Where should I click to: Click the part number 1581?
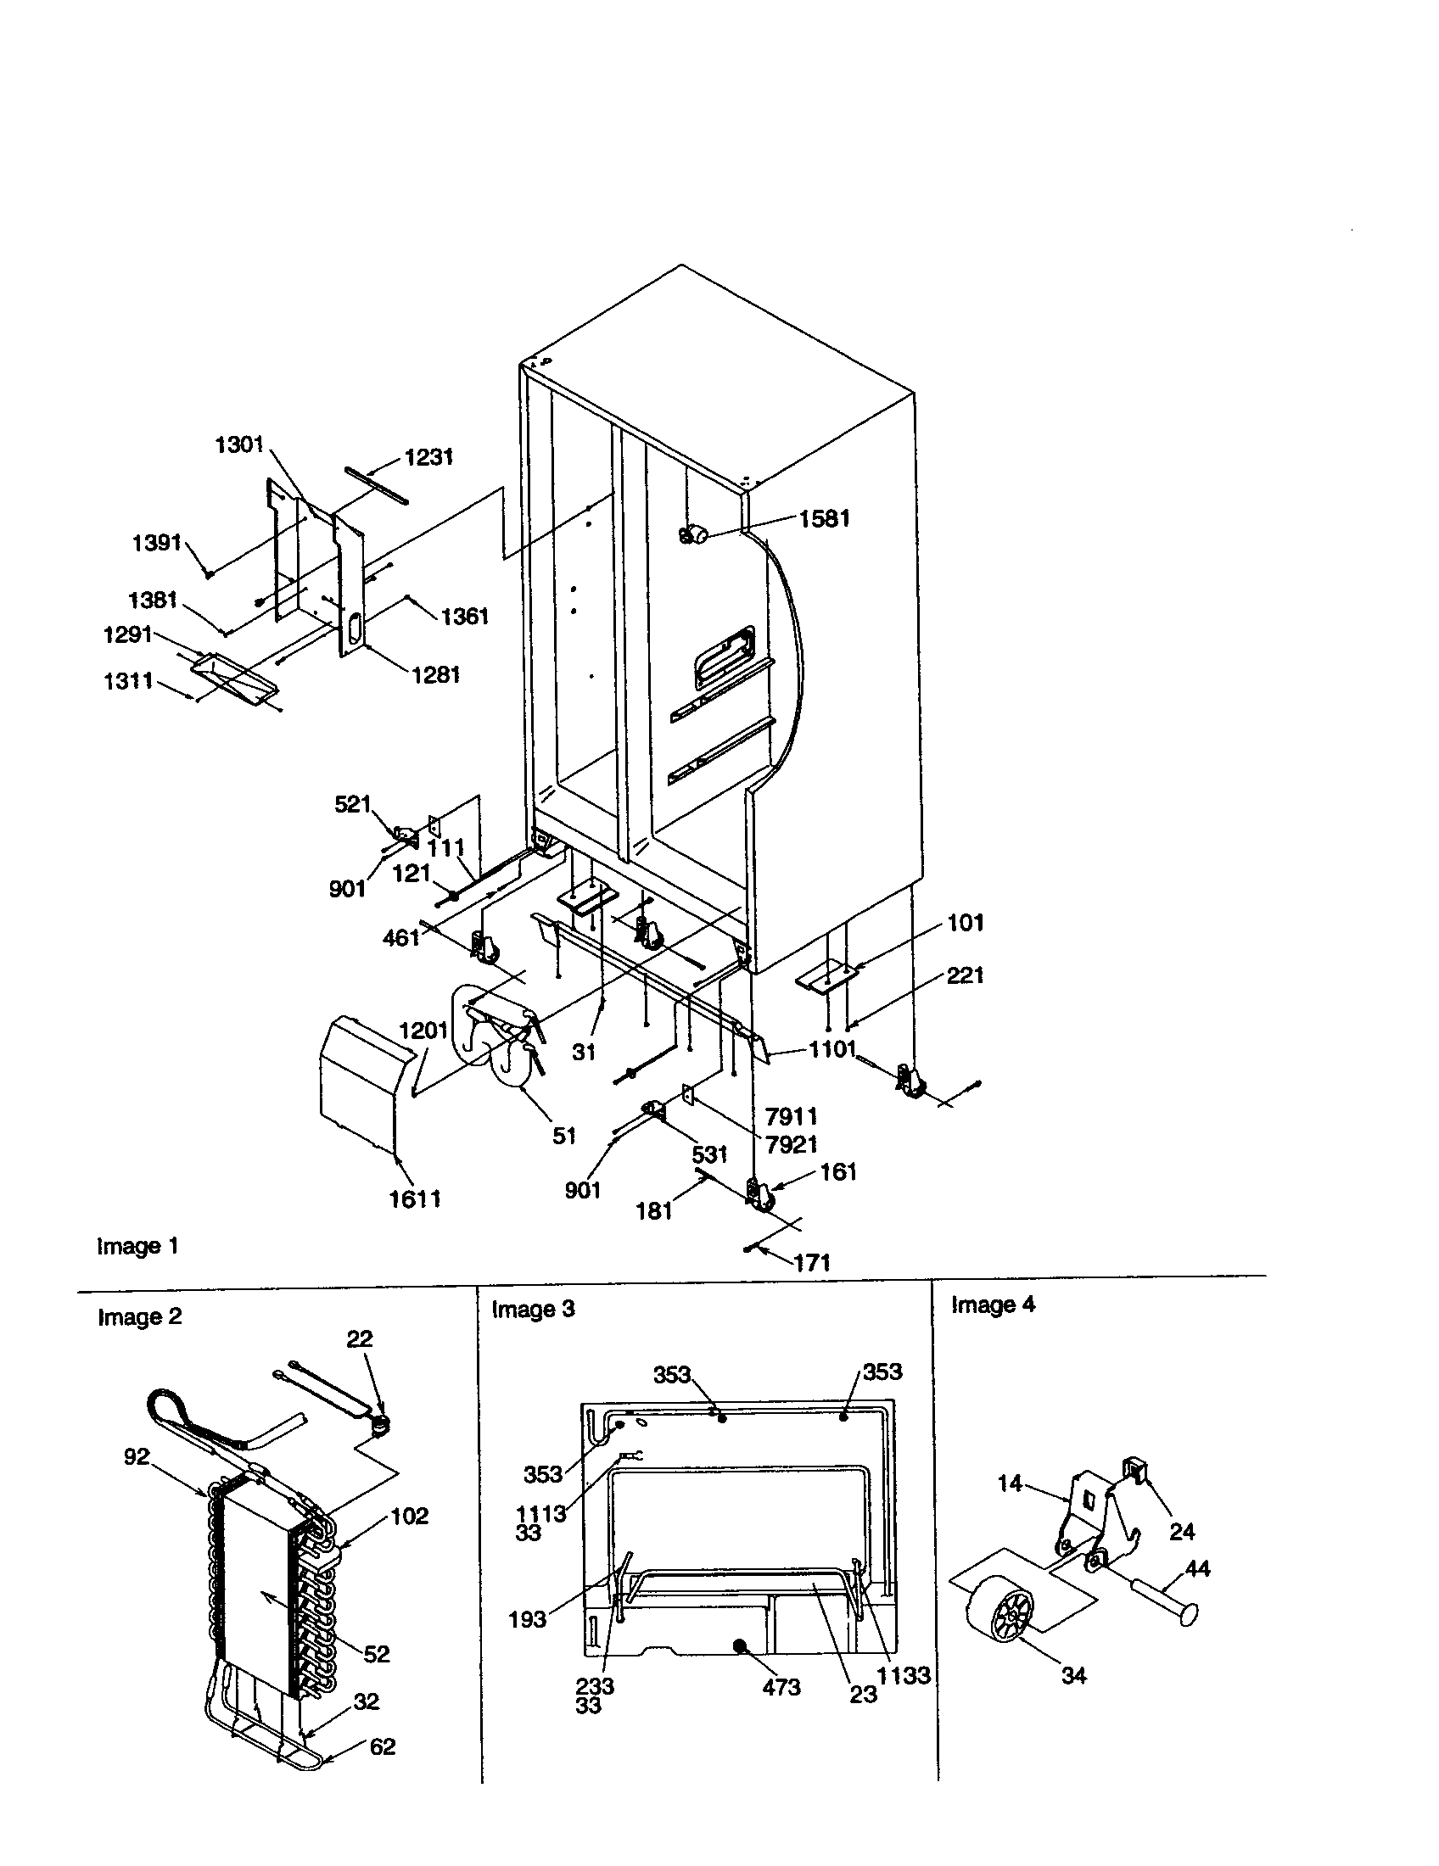coord(824,518)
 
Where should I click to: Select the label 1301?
coord(239,444)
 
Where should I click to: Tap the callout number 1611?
coord(415,1198)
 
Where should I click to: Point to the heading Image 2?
coord(139,1316)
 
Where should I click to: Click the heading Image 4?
coord(993,1305)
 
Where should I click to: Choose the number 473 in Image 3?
coord(781,1686)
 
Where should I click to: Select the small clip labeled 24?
coord(1135,1468)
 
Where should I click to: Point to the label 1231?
coord(429,457)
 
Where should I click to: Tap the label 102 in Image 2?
coord(409,1516)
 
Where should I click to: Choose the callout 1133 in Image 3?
coord(904,1674)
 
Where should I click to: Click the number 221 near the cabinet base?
coord(965,975)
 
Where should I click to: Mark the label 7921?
coord(792,1144)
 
